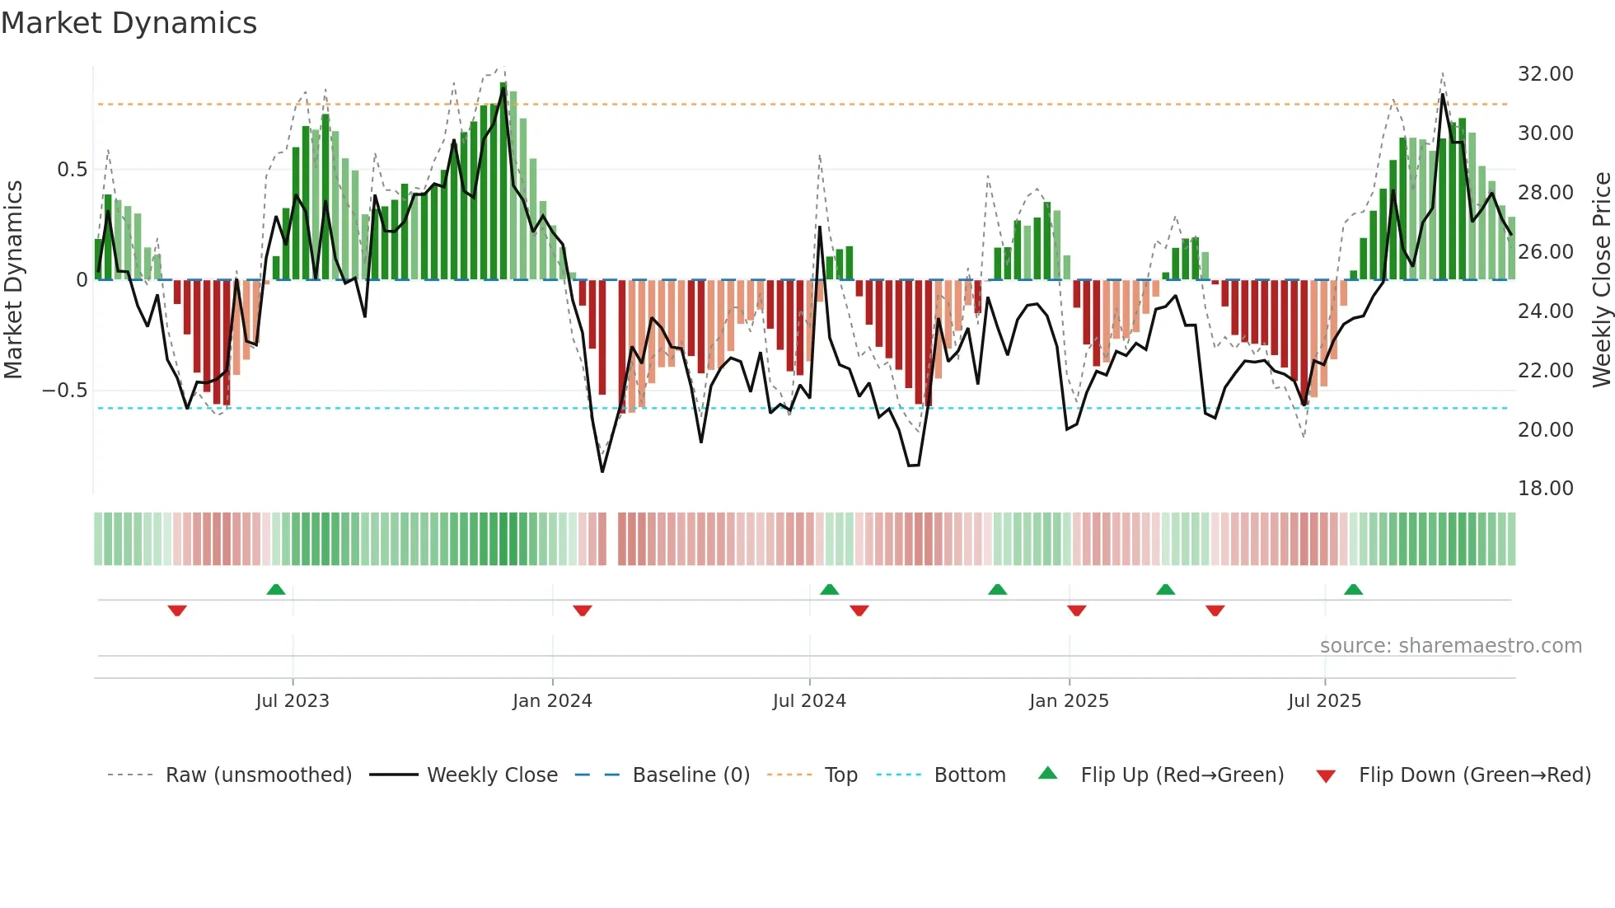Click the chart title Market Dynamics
[129, 23]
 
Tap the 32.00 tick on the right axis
[1545, 74]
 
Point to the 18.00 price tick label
[1545, 489]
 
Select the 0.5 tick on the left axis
[72, 170]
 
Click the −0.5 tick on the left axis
[65, 391]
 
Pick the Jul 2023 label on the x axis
[293, 701]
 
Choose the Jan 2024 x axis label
[552, 701]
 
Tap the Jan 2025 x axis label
[1069, 701]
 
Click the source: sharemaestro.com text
[1450, 646]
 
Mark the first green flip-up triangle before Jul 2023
[276, 590]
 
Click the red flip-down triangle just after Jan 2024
[583, 611]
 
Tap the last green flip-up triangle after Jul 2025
[1353, 590]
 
